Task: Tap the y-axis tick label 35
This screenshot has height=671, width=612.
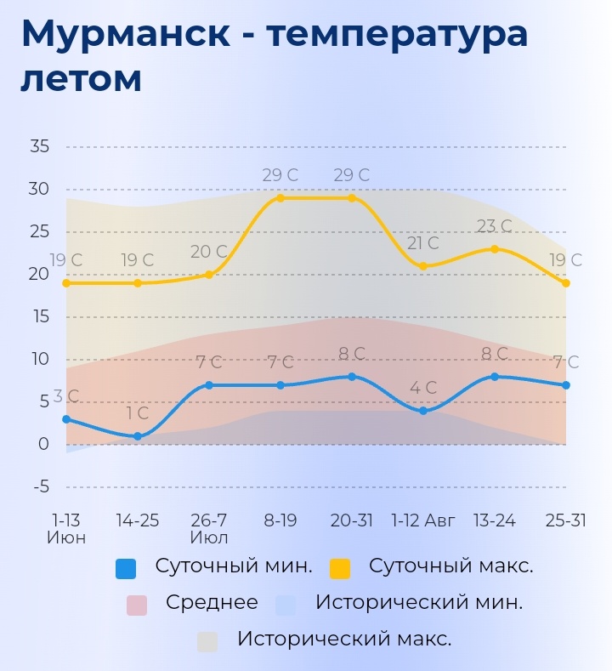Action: tap(40, 146)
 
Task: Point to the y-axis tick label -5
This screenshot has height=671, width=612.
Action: tap(40, 487)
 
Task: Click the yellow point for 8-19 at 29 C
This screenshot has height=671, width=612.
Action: tap(280, 198)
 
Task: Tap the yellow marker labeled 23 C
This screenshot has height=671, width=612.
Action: tap(495, 249)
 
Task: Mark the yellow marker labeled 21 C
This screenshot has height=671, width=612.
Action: tap(423, 266)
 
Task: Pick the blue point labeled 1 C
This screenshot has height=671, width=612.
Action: tap(138, 436)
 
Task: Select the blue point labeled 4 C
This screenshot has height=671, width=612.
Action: tap(423, 411)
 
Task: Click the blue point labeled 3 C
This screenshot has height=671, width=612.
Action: tap(66, 419)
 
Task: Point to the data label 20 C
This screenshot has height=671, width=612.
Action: tap(209, 253)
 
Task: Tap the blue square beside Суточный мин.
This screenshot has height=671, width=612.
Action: tap(126, 568)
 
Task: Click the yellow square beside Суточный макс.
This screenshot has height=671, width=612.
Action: tap(340, 568)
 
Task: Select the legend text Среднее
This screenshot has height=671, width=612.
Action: tap(212, 603)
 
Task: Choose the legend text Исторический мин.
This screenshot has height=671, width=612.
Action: tap(418, 603)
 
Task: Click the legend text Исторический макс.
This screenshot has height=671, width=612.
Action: tap(344, 639)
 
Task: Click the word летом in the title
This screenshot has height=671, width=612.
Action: tap(81, 80)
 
